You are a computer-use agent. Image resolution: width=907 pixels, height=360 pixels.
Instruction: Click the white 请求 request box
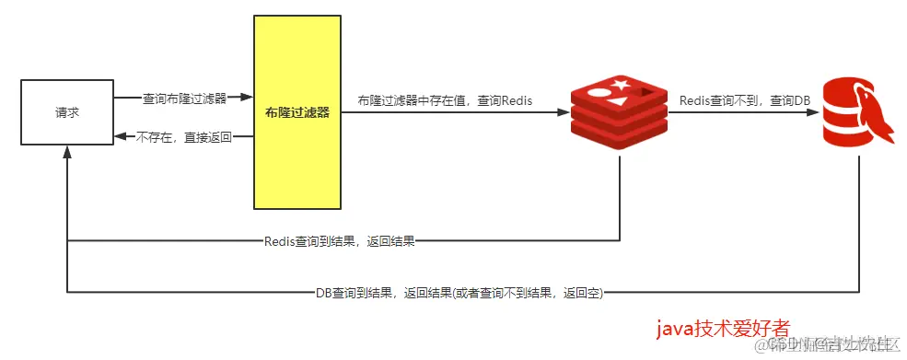coord(66,112)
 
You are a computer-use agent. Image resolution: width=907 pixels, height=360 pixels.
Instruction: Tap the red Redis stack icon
coord(618,112)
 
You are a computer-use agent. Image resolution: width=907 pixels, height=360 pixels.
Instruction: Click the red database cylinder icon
coord(858,112)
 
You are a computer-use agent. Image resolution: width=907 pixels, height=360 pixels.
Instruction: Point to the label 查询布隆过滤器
coord(182,97)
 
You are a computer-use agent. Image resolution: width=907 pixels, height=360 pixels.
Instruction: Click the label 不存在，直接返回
coord(182,137)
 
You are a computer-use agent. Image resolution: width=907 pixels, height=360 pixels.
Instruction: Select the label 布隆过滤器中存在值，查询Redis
coord(446,99)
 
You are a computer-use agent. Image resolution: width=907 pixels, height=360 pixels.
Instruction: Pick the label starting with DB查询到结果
coord(459,293)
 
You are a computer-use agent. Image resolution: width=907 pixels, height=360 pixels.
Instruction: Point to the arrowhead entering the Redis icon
coord(562,112)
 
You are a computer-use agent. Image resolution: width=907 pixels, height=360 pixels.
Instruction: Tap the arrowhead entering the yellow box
coord(246,97)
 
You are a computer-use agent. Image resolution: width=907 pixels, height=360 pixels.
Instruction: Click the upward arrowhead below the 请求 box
coord(67,152)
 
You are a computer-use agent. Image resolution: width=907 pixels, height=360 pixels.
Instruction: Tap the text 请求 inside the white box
coord(66,112)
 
